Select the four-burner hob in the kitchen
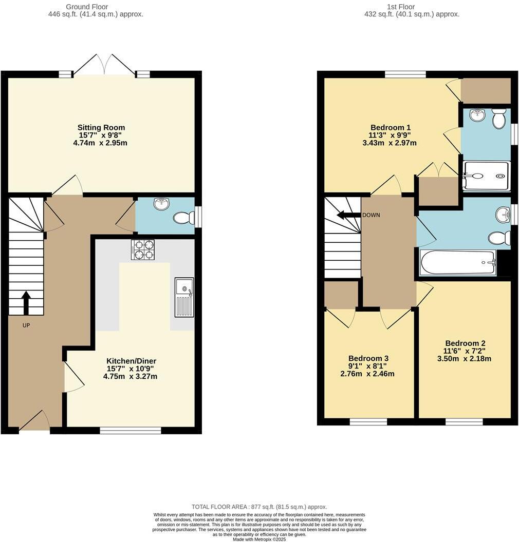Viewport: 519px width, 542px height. click(x=143, y=249)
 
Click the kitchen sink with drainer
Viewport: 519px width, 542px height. click(x=184, y=297)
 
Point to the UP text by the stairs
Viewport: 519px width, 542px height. click(x=26, y=325)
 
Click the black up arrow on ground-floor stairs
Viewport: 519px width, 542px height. click(x=26, y=302)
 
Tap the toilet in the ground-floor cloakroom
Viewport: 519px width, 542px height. click(x=183, y=218)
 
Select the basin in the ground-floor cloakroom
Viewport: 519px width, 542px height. click(x=161, y=204)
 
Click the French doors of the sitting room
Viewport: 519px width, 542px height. click(x=105, y=66)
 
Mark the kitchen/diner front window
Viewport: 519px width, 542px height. click(x=130, y=430)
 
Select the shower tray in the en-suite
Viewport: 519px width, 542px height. click(x=486, y=176)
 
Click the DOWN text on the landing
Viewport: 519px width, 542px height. click(x=371, y=215)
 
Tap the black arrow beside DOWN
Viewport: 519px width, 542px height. click(x=348, y=215)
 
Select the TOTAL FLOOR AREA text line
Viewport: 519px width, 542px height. click(x=259, y=507)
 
